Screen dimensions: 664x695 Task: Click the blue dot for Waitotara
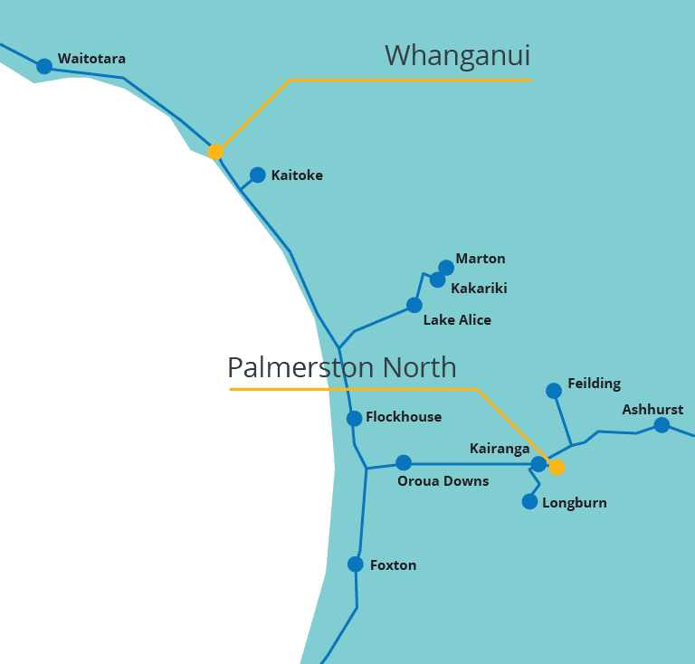pyautogui.click(x=43, y=66)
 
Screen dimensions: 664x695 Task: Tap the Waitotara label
pyautogui.click(x=91, y=59)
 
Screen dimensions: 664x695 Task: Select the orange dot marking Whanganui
pyautogui.click(x=215, y=152)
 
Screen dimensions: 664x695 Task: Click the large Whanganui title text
pyautogui.click(x=457, y=55)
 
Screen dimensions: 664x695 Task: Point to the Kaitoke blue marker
pyautogui.click(x=258, y=175)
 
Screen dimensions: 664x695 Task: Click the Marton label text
pyautogui.click(x=481, y=259)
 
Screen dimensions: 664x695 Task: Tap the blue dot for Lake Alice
pyautogui.click(x=414, y=305)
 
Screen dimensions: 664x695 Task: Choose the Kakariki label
pyautogui.click(x=479, y=289)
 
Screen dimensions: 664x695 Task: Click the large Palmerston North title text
pyautogui.click(x=341, y=367)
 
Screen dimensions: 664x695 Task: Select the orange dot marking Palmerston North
pyautogui.click(x=557, y=467)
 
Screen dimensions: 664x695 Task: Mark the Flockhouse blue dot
pyautogui.click(x=354, y=418)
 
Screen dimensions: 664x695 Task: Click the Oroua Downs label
pyautogui.click(x=443, y=481)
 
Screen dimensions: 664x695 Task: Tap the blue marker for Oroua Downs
pyautogui.click(x=404, y=462)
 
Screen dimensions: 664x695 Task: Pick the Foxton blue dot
pyautogui.click(x=356, y=564)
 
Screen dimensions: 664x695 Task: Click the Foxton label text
pyautogui.click(x=393, y=565)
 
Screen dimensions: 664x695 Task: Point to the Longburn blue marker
pyautogui.click(x=530, y=501)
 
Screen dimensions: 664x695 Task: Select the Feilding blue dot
pyautogui.click(x=554, y=391)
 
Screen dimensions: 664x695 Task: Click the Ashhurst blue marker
pyautogui.click(x=662, y=425)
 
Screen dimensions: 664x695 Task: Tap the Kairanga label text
pyautogui.click(x=500, y=449)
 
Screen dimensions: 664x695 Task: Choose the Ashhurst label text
pyautogui.click(x=652, y=410)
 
